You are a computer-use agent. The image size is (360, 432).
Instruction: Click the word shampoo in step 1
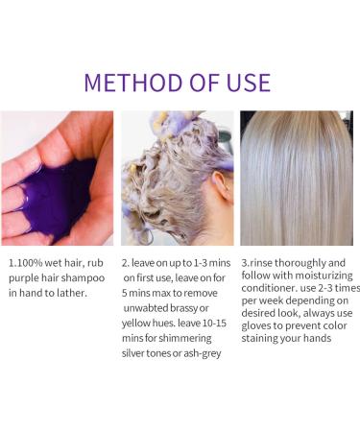[85, 277]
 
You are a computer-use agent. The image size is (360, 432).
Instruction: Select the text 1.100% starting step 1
[27, 262]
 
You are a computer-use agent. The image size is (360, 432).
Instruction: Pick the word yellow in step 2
[142, 324]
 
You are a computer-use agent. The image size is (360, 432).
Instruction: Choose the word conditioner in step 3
[272, 293]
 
